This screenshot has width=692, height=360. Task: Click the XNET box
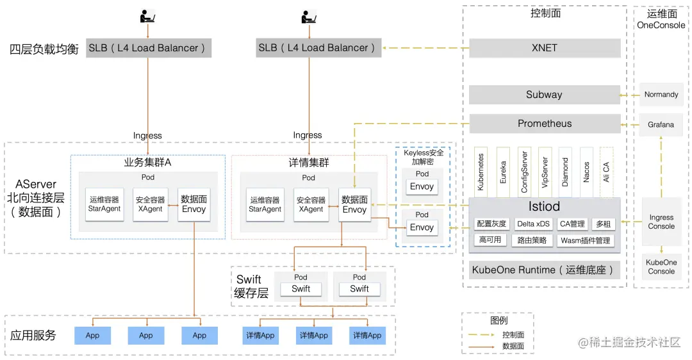click(545, 48)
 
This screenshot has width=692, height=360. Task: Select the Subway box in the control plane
click(545, 95)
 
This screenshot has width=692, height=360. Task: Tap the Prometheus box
click(545, 124)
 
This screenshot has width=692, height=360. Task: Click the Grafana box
click(661, 125)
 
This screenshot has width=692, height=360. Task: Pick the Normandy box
click(661, 95)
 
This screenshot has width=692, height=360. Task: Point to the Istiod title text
click(544, 206)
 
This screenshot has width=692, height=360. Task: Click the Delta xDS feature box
click(533, 224)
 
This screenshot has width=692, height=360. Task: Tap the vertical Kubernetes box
click(481, 172)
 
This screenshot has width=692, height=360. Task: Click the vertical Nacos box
click(586, 172)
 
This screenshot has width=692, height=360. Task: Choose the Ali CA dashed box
click(606, 172)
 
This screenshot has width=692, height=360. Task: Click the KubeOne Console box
click(661, 267)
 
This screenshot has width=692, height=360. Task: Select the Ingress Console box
click(661, 222)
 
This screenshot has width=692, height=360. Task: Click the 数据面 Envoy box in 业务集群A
click(194, 204)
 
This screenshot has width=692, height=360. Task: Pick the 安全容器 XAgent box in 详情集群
click(311, 204)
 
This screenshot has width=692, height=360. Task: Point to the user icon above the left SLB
click(147, 16)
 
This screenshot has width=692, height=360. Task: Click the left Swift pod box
click(301, 289)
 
